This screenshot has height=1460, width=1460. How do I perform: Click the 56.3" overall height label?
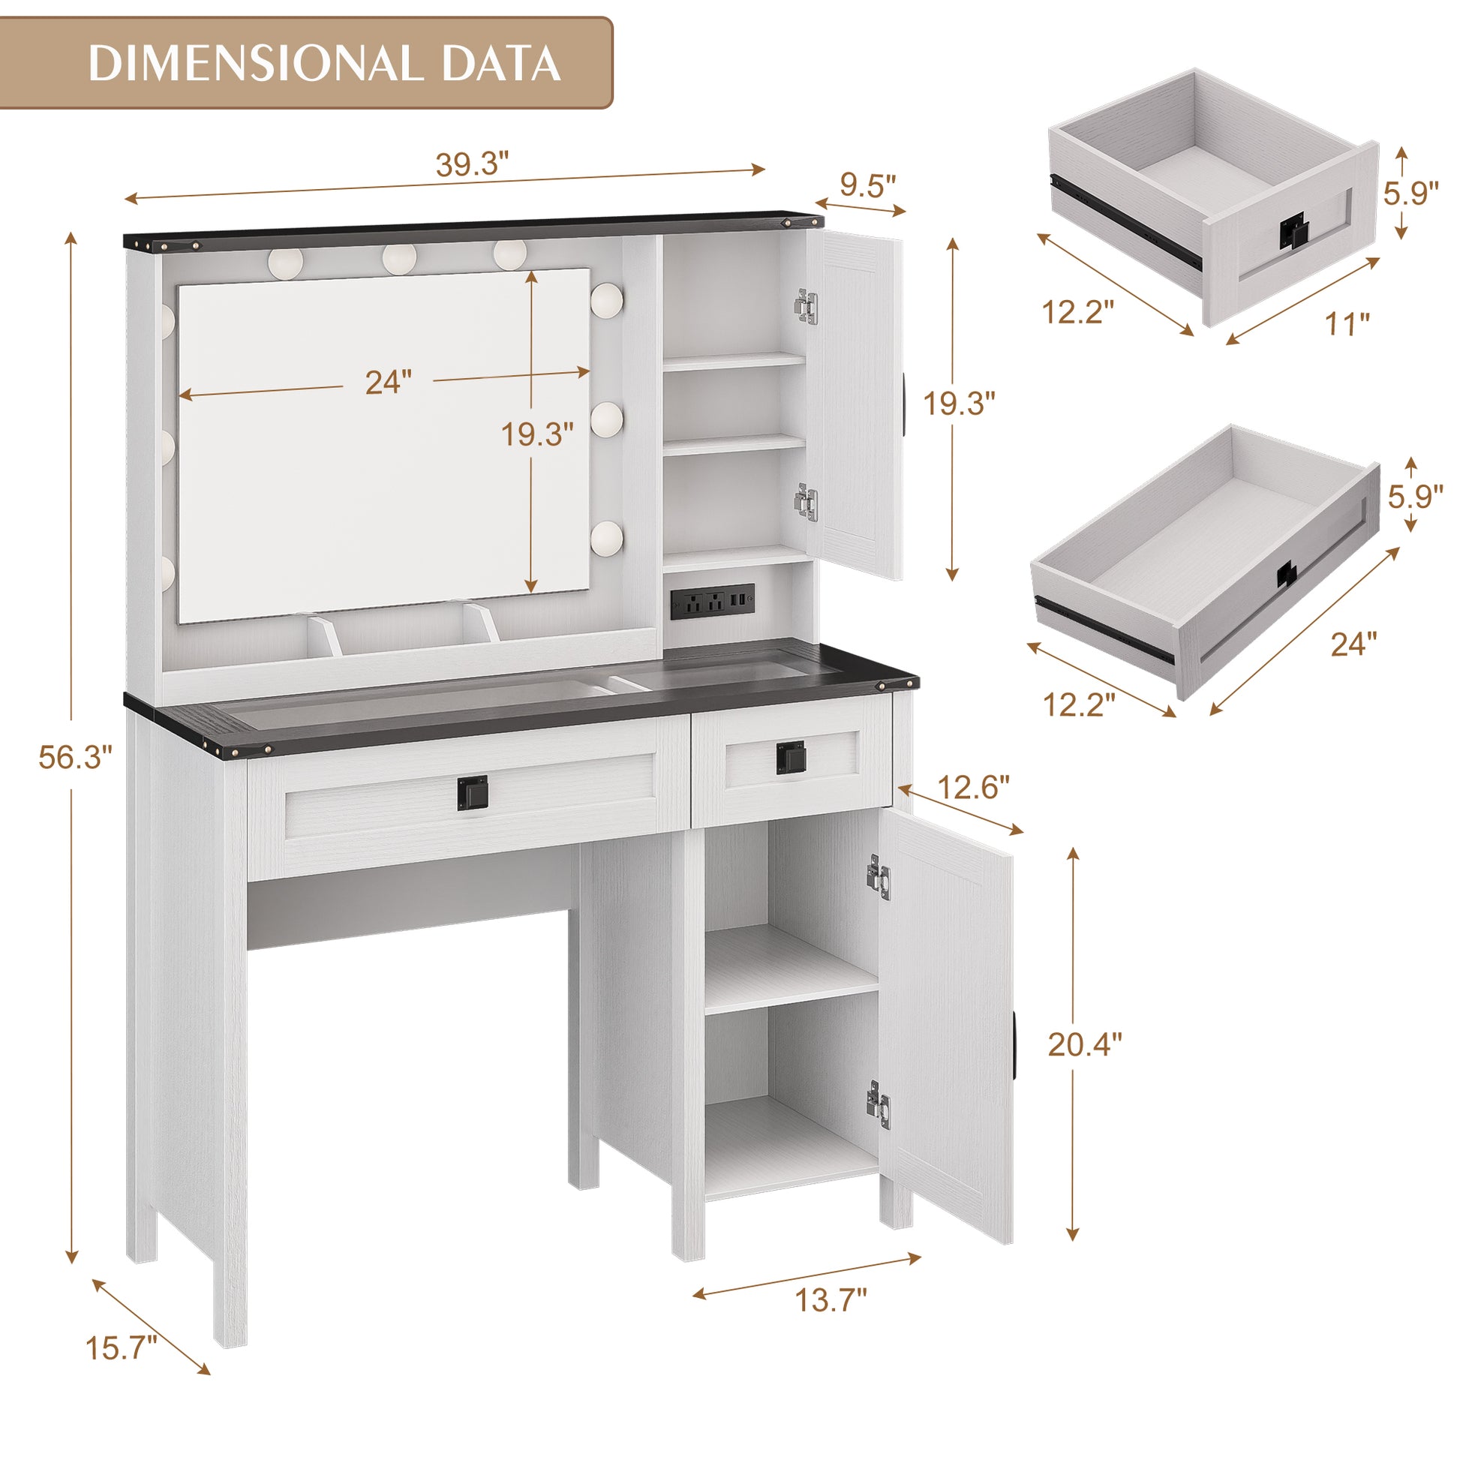pyautogui.click(x=75, y=757)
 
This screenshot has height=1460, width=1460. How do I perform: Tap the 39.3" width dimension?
pyautogui.click(x=473, y=164)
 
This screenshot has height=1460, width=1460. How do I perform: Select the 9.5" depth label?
pyautogui.click(x=867, y=185)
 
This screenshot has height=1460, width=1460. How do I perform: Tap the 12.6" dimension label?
pyautogui.click(x=973, y=789)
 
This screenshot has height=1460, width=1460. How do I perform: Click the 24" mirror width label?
pyautogui.click(x=389, y=382)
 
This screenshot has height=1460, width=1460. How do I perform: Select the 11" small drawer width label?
pyautogui.click(x=1347, y=324)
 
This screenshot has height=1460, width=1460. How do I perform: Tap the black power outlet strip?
pyautogui.click(x=712, y=602)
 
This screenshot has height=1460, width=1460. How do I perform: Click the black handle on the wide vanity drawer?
pyautogui.click(x=473, y=792)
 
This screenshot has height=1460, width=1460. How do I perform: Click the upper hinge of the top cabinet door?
pyautogui.click(x=807, y=308)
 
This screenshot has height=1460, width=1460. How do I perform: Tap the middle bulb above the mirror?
pyautogui.click(x=399, y=257)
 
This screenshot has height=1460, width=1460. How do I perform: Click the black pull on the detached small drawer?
pyautogui.click(x=1293, y=232)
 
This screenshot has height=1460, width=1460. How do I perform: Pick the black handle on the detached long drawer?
pyautogui.click(x=1285, y=575)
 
